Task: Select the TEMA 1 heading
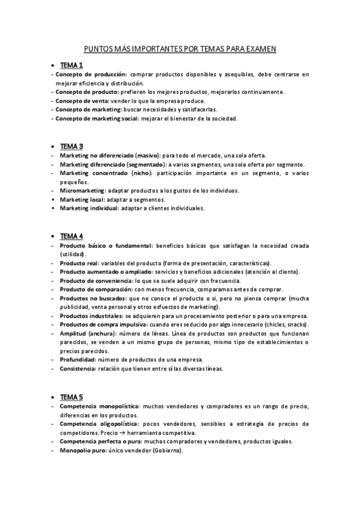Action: pyautogui.click(x=72, y=65)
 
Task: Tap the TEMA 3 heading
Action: pyautogui.click(x=72, y=146)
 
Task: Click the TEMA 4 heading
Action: pyautogui.click(x=72, y=236)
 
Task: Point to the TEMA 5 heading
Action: pyautogui.click(x=72, y=397)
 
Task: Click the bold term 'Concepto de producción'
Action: pyautogui.click(x=91, y=74)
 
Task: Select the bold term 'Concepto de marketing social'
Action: pyautogui.click(x=97, y=118)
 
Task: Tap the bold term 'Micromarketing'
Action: pyautogui.click(x=82, y=190)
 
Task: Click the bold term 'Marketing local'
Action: pyautogui.click(x=82, y=199)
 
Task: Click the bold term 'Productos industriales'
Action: pyautogui.click(x=91, y=316)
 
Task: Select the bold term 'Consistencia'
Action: pyautogui.click(x=78, y=368)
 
